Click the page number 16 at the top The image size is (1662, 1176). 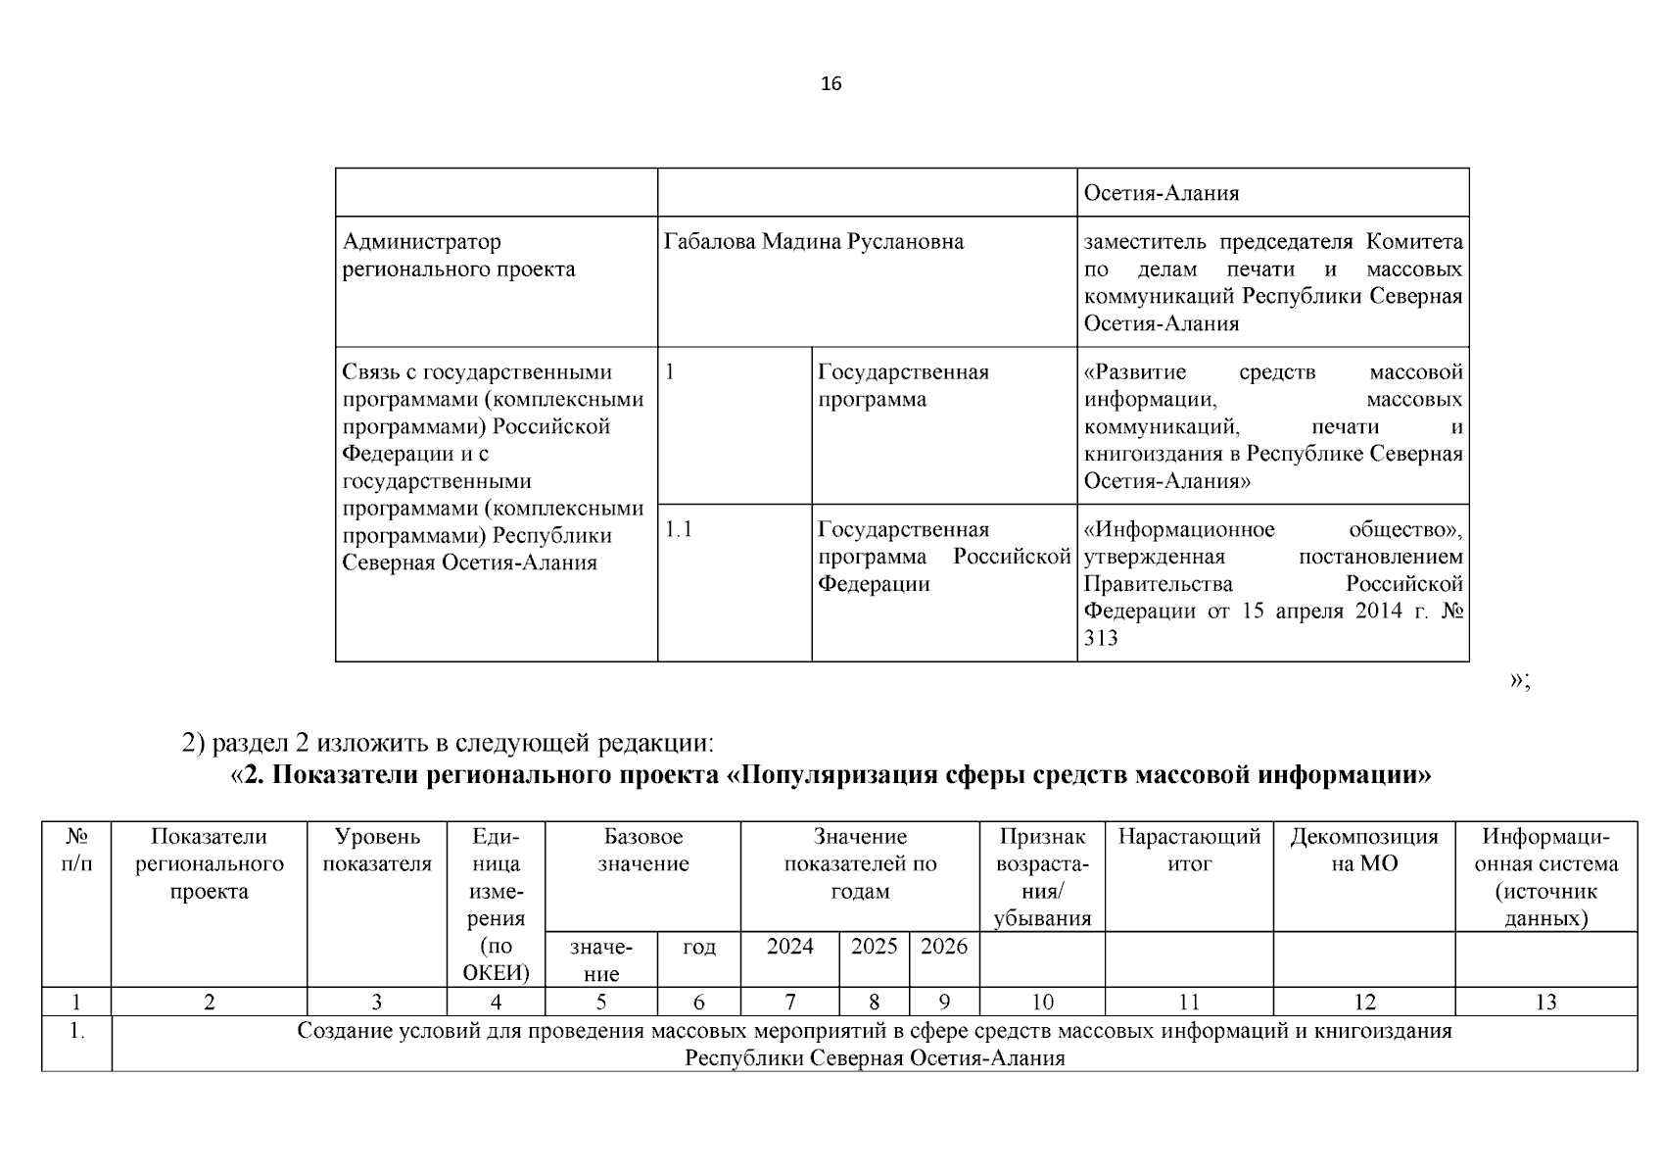(x=831, y=83)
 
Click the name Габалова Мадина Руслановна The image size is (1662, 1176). (x=813, y=242)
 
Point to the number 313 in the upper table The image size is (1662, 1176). (x=1101, y=639)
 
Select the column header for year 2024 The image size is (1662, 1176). (x=789, y=947)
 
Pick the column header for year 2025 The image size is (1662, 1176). (x=874, y=947)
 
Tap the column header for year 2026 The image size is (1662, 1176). (x=944, y=947)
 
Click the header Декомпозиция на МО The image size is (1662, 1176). (x=1363, y=851)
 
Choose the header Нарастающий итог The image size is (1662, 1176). (x=1189, y=851)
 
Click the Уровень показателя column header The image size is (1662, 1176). (x=377, y=851)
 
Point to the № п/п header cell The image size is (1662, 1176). (x=76, y=851)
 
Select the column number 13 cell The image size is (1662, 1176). (x=1545, y=1003)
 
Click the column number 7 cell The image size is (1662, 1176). (x=789, y=1003)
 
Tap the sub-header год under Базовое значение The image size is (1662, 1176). (x=698, y=947)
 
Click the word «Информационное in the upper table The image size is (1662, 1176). (x=1179, y=530)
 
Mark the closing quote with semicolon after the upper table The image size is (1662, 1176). (x=1519, y=680)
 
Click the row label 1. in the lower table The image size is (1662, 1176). (x=76, y=1032)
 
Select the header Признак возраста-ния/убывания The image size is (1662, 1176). (x=1042, y=878)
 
